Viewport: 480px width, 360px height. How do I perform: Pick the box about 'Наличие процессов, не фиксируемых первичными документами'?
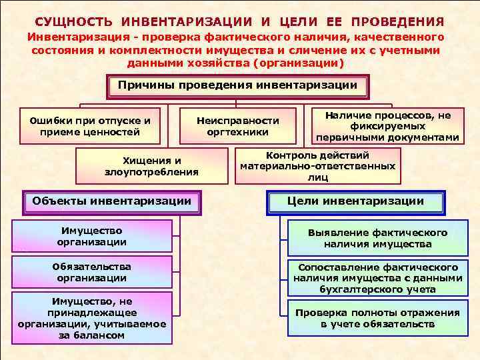387,126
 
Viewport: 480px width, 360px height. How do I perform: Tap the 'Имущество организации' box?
91,236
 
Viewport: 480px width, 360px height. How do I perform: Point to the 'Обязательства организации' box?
91,272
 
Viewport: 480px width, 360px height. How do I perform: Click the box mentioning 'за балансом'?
91,319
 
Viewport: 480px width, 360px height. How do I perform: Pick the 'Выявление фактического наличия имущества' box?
377,239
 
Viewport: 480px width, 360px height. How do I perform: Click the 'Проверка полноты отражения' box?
377,319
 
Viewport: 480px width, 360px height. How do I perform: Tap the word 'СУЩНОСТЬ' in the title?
73,22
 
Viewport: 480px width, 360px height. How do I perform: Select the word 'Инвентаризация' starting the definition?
69,37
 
